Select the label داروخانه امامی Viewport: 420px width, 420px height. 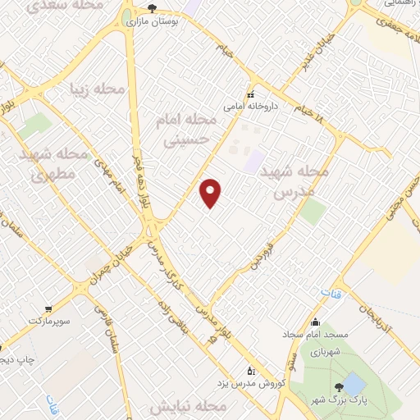pyautogui.click(x=252, y=107)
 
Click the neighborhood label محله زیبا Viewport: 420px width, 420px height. pyautogui.click(x=98, y=89)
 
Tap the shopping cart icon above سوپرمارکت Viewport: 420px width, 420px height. pyautogui.click(x=48, y=308)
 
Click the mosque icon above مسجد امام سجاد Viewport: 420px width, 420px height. pyautogui.click(x=317, y=322)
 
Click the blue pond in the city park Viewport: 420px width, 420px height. pyautogui.click(x=354, y=382)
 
